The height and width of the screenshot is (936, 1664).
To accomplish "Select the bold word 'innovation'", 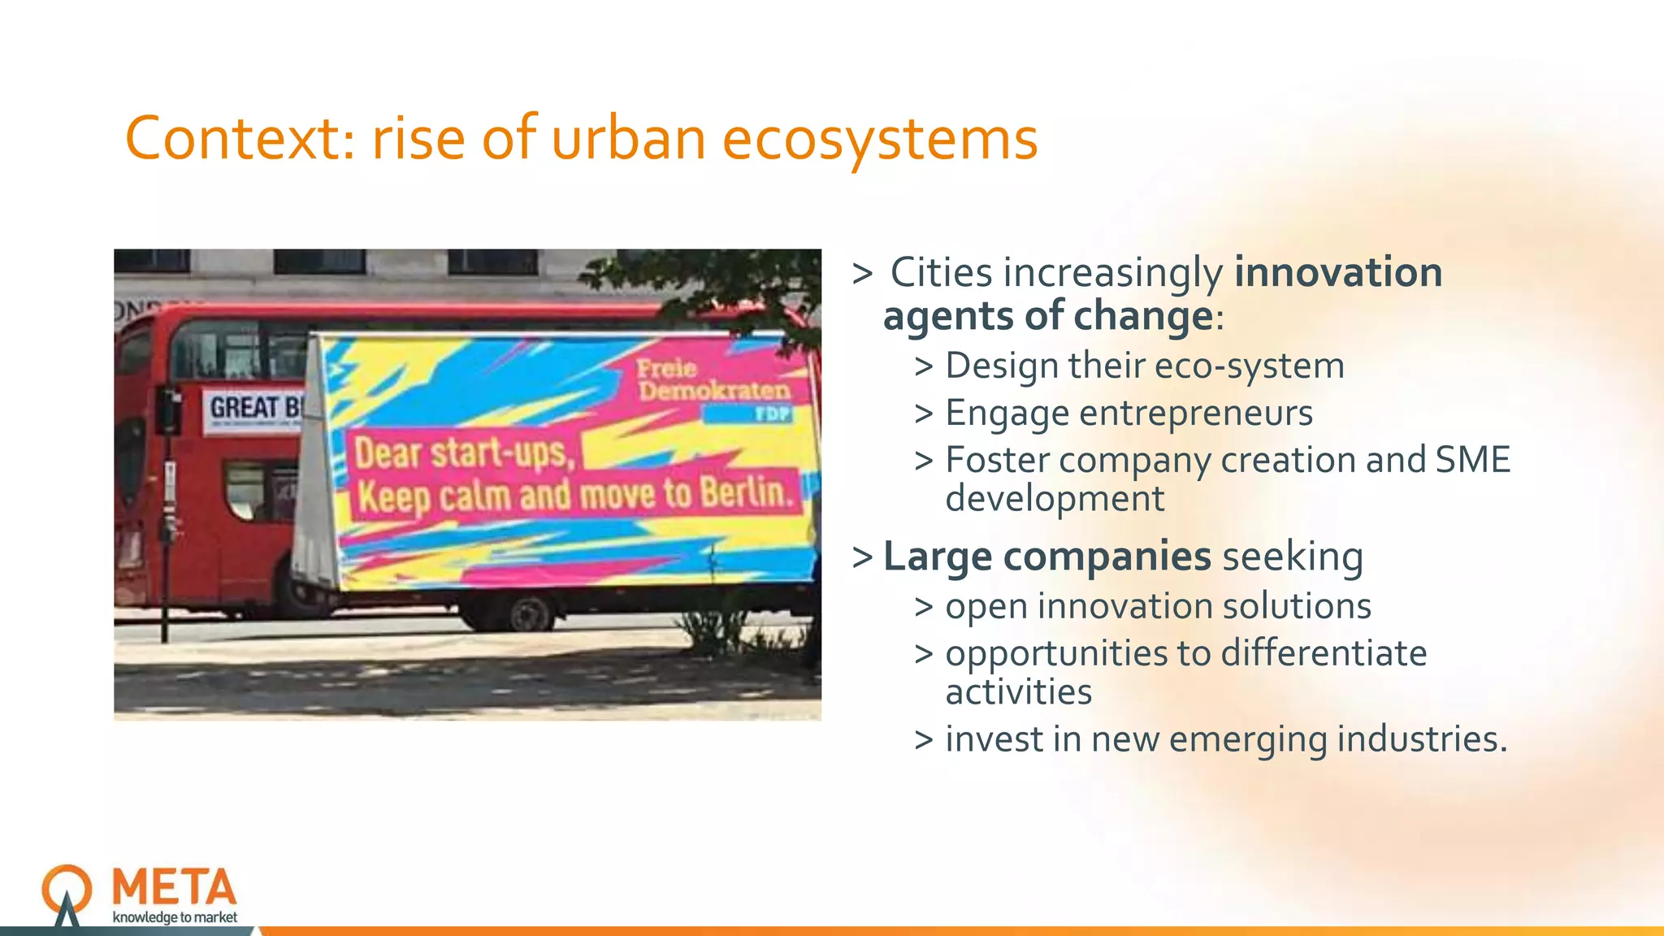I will tap(1338, 272).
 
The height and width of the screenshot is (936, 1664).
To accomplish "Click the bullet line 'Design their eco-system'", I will tap(1144, 366).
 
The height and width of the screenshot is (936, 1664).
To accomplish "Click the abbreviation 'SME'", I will tap(1472, 460).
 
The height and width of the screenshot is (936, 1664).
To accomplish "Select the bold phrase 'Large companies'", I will tap(1046, 557).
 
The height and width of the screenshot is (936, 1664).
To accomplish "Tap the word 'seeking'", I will tap(1293, 557).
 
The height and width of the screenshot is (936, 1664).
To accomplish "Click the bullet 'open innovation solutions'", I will tap(1158, 606).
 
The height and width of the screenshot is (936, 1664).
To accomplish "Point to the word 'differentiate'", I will tap(1324, 653).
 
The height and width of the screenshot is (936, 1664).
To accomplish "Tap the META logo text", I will tap(175, 887).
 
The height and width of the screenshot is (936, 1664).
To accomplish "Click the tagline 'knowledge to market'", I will tap(175, 917).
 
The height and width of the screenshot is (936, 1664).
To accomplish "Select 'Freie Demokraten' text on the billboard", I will tap(712, 379).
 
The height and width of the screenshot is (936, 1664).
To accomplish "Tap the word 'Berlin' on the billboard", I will tap(745, 492).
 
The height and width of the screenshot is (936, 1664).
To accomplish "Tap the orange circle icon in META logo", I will tap(67, 887).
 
